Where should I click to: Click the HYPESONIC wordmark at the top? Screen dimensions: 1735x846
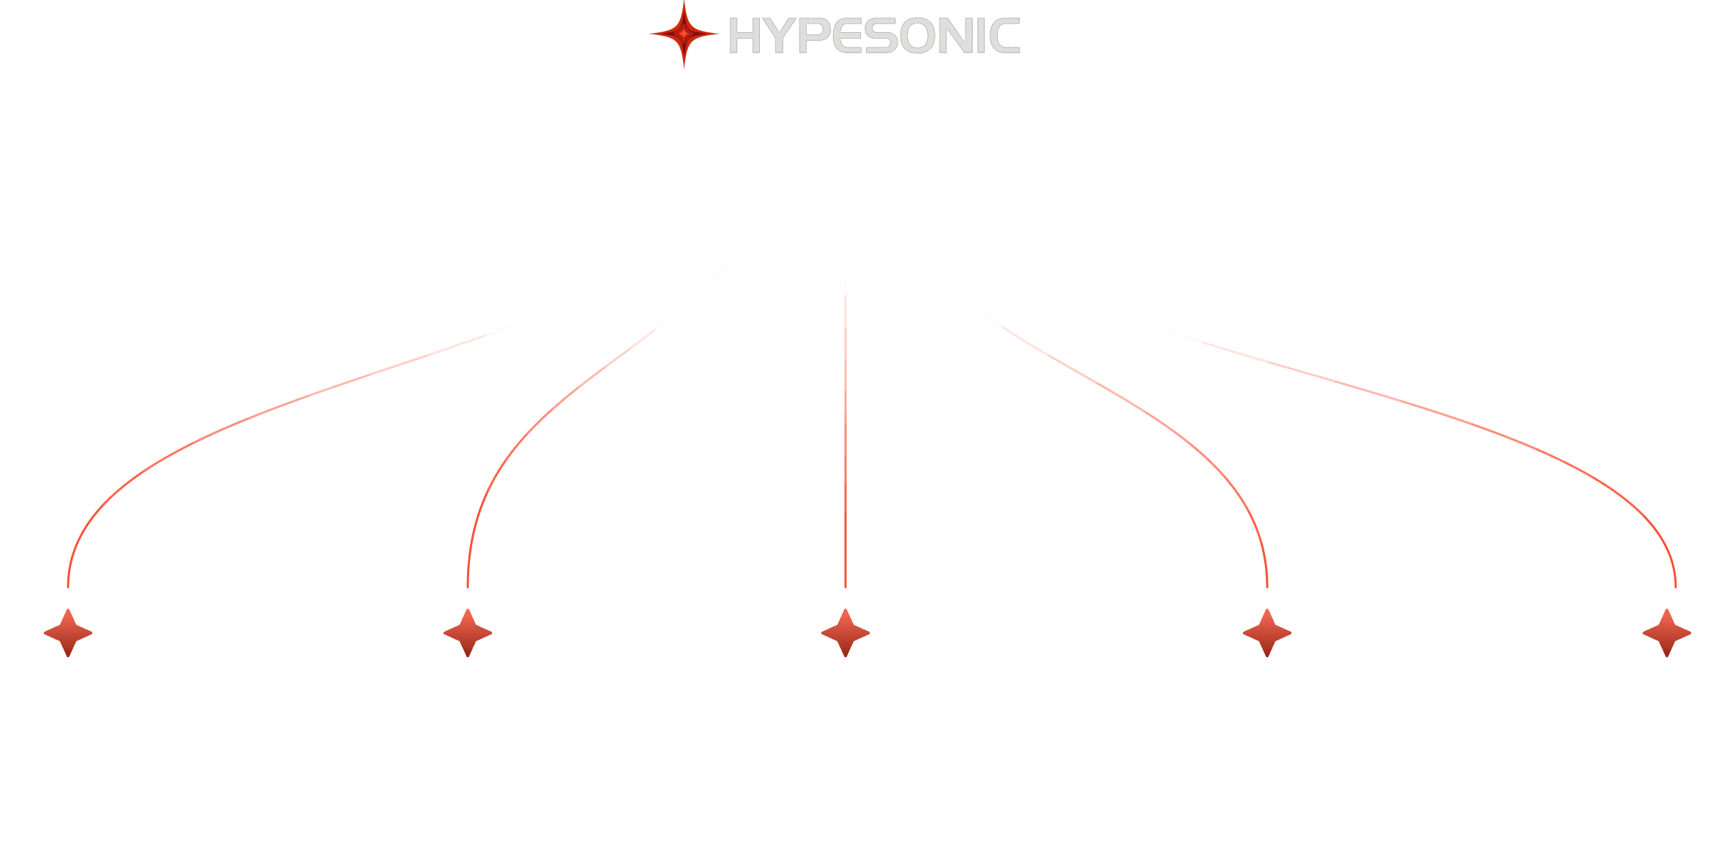pos(874,36)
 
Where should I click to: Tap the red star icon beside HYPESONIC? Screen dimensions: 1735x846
pos(684,34)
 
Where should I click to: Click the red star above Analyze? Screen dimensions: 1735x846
pos(68,632)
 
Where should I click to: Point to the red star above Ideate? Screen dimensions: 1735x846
pos(468,632)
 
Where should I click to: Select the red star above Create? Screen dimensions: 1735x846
pos(846,632)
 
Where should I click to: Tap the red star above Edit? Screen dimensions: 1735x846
pos(1267,632)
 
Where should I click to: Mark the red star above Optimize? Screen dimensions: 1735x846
pos(1667,632)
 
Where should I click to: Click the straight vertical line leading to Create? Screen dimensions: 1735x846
pos(846,366)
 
